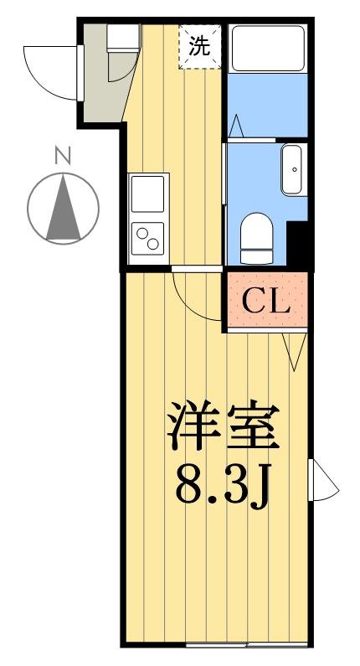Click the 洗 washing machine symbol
(x=200, y=46)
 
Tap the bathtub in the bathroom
(x=268, y=49)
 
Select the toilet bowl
(x=256, y=238)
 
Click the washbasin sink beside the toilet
(x=294, y=169)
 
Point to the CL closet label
(x=265, y=301)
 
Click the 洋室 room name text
(x=224, y=426)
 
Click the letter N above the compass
(x=63, y=156)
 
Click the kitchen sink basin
(x=147, y=194)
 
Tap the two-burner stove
(x=147, y=239)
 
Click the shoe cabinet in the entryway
(x=123, y=39)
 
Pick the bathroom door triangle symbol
(x=236, y=126)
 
